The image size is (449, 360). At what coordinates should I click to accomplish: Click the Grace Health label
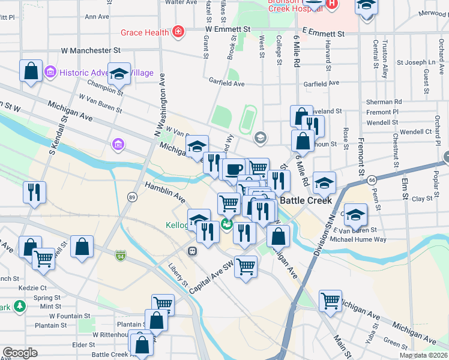[x=145, y=32]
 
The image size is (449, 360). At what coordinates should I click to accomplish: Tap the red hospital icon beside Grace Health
[x=178, y=32]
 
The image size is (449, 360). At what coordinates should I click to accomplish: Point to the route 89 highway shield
[x=132, y=197]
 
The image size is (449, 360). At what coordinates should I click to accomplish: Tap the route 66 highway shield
[x=372, y=179]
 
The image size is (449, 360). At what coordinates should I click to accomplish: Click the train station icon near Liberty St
[x=193, y=251]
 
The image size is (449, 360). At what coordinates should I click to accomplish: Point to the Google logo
[x=20, y=352]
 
